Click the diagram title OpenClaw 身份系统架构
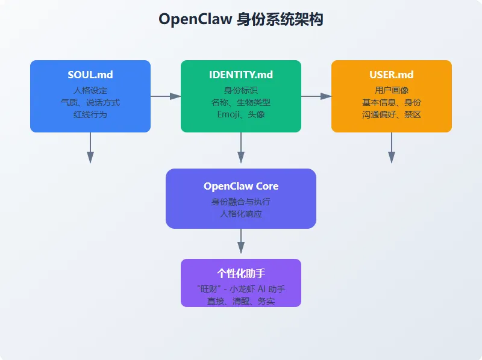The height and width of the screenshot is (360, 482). click(x=241, y=19)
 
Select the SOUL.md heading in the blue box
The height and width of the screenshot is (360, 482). click(x=90, y=75)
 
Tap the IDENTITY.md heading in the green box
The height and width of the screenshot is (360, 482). click(x=241, y=75)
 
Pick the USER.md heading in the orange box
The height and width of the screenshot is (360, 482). click(x=392, y=75)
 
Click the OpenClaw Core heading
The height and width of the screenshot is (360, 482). click(x=241, y=186)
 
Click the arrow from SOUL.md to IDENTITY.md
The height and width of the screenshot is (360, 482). click(x=166, y=96)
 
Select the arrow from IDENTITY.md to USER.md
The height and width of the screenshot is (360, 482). click(x=316, y=96)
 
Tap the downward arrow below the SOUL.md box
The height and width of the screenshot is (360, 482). click(x=90, y=147)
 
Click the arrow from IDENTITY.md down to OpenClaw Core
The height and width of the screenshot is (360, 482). click(x=241, y=147)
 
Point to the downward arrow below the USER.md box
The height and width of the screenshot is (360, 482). click(x=392, y=147)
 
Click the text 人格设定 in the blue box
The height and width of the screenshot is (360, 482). click(x=90, y=90)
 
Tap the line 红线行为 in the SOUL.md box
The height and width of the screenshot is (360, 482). click(x=90, y=114)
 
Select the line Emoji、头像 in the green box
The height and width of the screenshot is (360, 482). click(x=241, y=114)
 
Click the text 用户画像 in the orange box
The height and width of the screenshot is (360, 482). click(x=392, y=90)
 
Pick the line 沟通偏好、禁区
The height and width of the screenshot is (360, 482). click(x=392, y=114)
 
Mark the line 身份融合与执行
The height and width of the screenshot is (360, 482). click(x=241, y=202)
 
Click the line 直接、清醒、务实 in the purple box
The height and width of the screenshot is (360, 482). click(x=241, y=300)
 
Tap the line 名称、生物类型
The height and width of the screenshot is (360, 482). click(x=241, y=102)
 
